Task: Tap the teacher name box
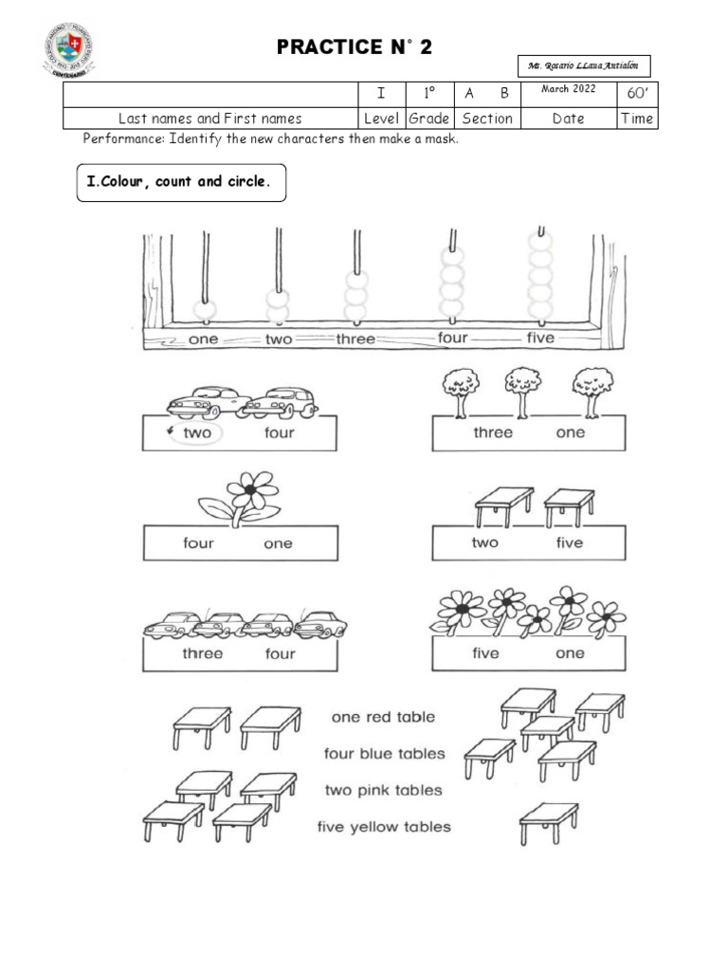coord(584,65)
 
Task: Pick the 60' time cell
coord(636,93)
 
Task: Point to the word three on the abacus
coord(355,339)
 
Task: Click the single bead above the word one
coord(204,309)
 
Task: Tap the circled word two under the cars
coord(197,432)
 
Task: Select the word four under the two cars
coord(280,432)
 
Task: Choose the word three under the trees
coord(493,432)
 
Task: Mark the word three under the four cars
coord(202,653)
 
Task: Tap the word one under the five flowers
coord(571,653)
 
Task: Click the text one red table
coord(383,718)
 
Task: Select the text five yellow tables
coord(384,827)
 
